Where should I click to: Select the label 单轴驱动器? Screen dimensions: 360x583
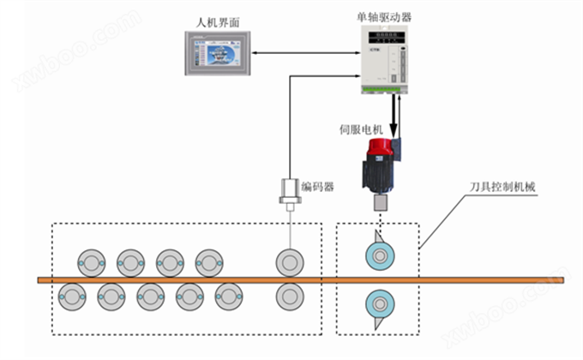382,15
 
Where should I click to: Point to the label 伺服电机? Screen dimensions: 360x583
360,130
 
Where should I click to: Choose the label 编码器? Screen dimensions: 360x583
317,186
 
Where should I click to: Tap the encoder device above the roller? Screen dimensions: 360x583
291,193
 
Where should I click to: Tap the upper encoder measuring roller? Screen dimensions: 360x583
289,261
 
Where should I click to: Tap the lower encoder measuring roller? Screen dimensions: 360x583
289,297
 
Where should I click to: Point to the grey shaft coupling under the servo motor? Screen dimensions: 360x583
382,203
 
